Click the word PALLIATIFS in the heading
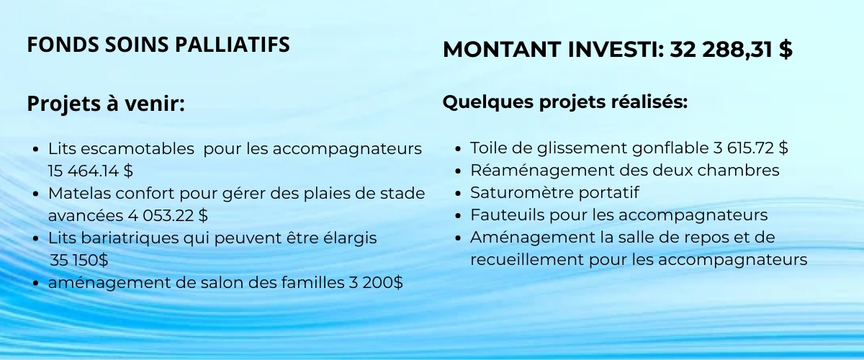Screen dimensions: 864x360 pyautogui.click(x=232, y=45)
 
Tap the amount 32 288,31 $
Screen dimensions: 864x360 pyautogui.click(x=731, y=50)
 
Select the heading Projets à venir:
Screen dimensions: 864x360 pyautogui.click(x=106, y=104)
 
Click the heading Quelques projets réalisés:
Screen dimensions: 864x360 pyautogui.click(x=565, y=102)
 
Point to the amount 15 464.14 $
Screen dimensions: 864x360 pyautogui.click(x=91, y=171)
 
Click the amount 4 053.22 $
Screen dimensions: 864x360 pyautogui.click(x=168, y=215)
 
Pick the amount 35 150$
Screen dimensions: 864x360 pyautogui.click(x=79, y=260)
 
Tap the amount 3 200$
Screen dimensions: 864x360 pyautogui.click(x=376, y=282)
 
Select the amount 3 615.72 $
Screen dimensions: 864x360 pyautogui.click(x=750, y=148)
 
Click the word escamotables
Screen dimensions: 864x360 pyautogui.click(x=138, y=148)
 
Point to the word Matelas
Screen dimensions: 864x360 pyautogui.click(x=79, y=193)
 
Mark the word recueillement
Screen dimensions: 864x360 pyautogui.click(x=527, y=259)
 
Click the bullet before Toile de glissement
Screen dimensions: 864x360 pyautogui.click(x=458, y=148)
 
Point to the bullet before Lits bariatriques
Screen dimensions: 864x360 pyautogui.click(x=36, y=239)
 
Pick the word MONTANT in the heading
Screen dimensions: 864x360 pyautogui.click(x=502, y=50)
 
